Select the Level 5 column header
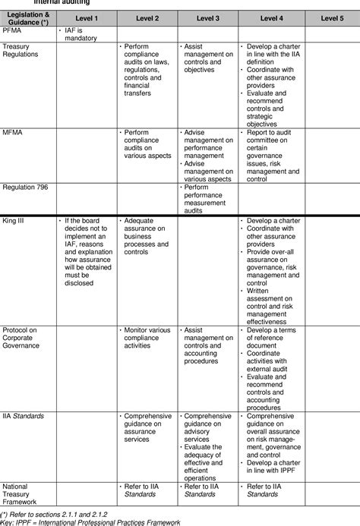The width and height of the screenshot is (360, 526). click(331, 17)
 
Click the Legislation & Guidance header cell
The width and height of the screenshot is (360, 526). click(27, 17)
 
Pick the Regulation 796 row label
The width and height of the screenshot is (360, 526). click(24, 187)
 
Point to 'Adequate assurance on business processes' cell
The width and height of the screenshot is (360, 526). click(147, 236)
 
